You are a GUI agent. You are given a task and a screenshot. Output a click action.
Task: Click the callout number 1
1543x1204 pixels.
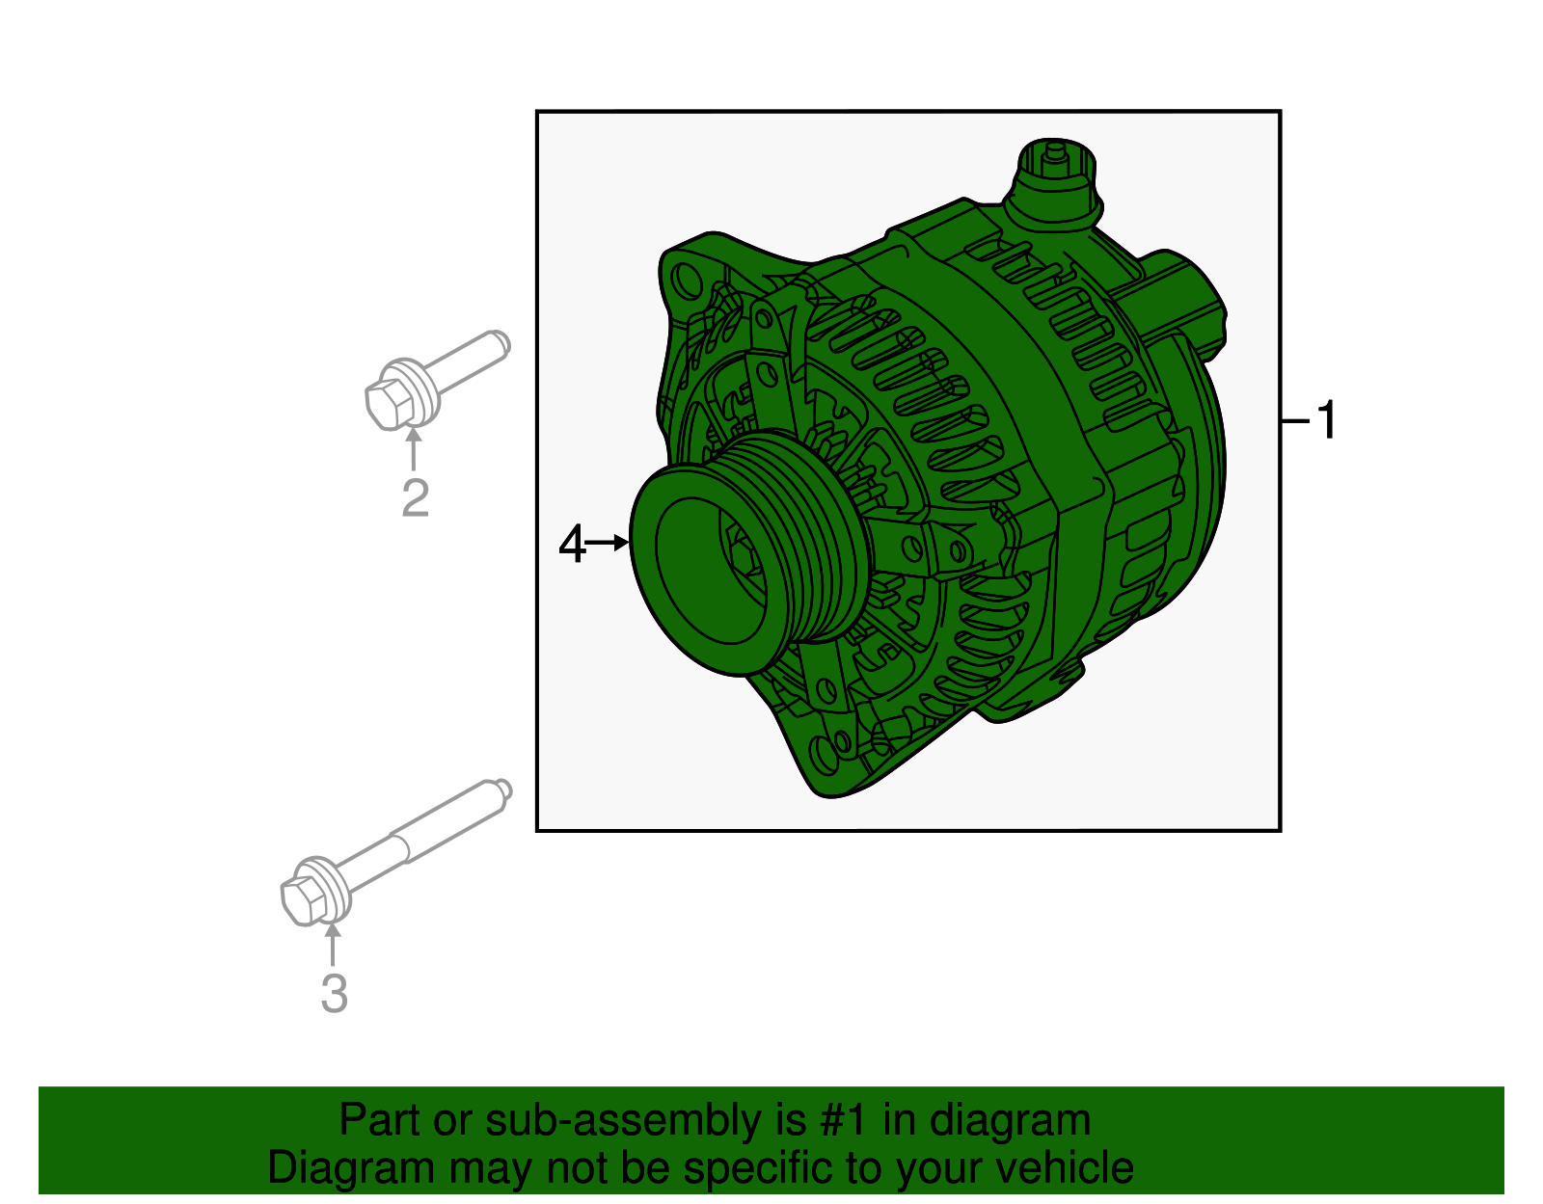(1328, 420)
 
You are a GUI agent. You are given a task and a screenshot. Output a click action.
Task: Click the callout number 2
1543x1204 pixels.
(415, 497)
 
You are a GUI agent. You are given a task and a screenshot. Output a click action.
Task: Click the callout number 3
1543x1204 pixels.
(334, 993)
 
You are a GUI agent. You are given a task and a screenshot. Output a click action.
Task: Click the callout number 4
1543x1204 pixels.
(572, 545)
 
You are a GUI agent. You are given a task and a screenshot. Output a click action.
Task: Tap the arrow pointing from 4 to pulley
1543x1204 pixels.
(608, 544)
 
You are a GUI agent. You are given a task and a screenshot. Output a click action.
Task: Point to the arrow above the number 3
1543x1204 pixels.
(333, 945)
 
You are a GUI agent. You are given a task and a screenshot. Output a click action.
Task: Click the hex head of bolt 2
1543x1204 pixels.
(389, 402)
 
